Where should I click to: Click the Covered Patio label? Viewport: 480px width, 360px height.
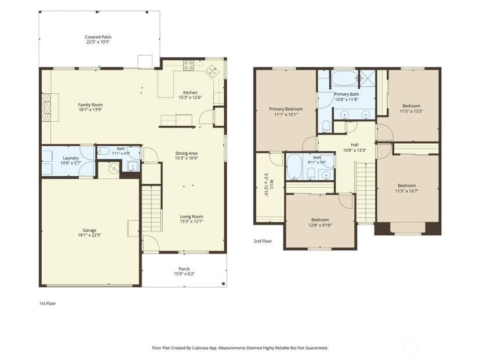coord(98,37)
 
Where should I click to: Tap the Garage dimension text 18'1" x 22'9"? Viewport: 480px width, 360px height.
coord(89,235)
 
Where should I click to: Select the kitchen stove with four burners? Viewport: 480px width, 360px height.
coord(188,66)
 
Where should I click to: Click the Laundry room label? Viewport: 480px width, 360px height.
coord(71,158)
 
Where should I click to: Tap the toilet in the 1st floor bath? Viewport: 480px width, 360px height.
coord(104,151)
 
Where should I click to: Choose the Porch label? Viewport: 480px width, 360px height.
coord(184,269)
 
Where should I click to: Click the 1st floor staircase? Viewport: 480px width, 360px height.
coord(151,208)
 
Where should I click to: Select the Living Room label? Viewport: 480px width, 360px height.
coord(191,216)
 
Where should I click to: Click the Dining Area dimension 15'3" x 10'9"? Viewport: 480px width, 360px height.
coord(186,158)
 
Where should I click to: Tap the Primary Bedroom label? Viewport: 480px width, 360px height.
coord(286,109)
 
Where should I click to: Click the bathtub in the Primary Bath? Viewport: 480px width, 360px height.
coord(344,78)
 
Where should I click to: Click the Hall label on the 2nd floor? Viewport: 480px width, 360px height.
coord(354,144)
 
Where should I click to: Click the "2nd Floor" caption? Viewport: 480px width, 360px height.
coord(263,241)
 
